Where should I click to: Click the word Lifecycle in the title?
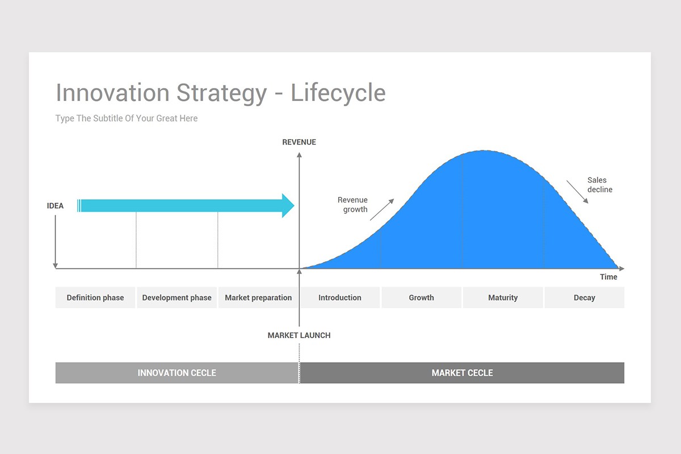tap(338, 93)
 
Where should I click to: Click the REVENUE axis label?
tap(299, 142)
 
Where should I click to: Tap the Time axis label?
tap(608, 277)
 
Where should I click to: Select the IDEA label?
tap(55, 206)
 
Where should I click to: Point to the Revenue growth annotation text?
tap(352, 205)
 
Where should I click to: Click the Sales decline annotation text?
tap(599, 184)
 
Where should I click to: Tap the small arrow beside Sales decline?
tap(577, 192)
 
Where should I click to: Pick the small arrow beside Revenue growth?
tap(382, 209)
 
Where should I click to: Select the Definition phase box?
tap(95, 297)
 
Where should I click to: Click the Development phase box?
tap(176, 297)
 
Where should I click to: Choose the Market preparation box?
tap(258, 297)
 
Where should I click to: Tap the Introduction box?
tap(340, 297)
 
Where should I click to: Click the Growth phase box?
tap(421, 297)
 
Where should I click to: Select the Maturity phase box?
tap(503, 297)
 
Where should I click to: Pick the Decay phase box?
tap(585, 297)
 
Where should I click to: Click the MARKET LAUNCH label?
tap(299, 335)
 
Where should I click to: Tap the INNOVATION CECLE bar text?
tap(177, 373)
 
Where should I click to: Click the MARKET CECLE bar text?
tap(462, 373)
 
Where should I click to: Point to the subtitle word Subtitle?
tap(107, 118)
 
